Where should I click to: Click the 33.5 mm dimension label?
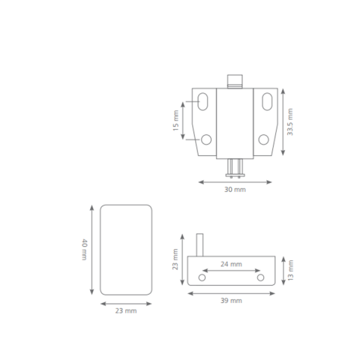[x=289, y=122]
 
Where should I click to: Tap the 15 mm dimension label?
[x=175, y=121]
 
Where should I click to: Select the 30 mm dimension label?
[x=235, y=190]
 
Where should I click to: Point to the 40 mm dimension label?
[x=85, y=250]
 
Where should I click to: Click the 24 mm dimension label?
[x=231, y=264]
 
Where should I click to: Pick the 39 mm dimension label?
[x=231, y=301]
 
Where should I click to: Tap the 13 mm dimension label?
[x=290, y=270]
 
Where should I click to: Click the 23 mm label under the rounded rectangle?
[x=126, y=310]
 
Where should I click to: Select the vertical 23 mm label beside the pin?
[x=175, y=259]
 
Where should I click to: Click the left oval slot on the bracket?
[x=202, y=101]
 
